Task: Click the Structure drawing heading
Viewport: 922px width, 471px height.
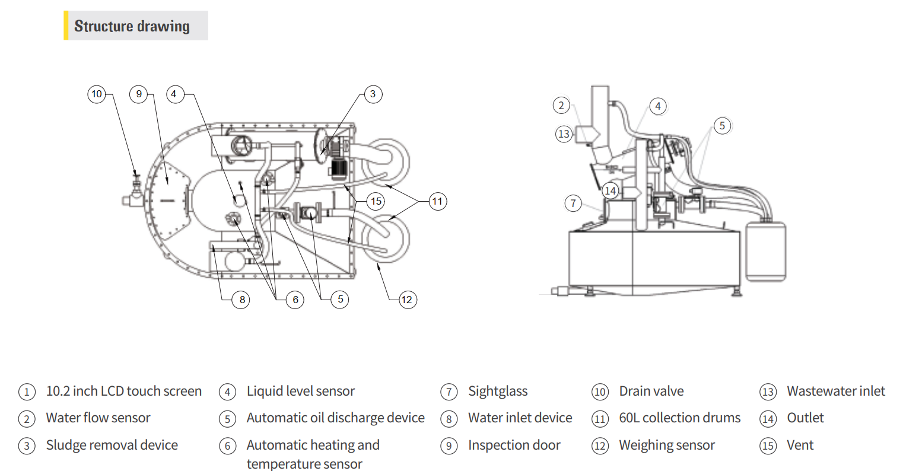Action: (x=132, y=26)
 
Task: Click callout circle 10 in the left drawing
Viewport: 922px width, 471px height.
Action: (x=97, y=94)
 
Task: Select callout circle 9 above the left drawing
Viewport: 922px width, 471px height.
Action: (x=139, y=94)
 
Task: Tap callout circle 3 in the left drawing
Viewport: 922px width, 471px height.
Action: (x=373, y=94)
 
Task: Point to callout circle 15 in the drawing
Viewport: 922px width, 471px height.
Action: (x=376, y=201)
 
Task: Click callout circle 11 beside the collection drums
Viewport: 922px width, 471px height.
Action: (x=437, y=201)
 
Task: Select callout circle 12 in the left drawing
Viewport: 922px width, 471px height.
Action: (x=406, y=300)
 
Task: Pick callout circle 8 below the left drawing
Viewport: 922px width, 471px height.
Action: (x=242, y=300)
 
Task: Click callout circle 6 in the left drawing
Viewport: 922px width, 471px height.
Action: (x=295, y=300)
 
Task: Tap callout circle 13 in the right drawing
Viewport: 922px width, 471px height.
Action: (x=564, y=134)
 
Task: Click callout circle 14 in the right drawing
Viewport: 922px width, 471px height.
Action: (x=610, y=190)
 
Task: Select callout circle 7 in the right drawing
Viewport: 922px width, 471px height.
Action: (x=573, y=203)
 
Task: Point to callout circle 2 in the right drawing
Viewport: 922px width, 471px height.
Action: (x=561, y=106)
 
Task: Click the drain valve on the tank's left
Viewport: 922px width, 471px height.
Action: (x=134, y=193)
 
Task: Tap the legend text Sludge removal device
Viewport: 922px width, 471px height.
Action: (x=112, y=445)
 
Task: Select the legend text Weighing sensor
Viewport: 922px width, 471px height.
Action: (x=666, y=445)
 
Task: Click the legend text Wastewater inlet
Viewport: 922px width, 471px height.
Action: (x=835, y=391)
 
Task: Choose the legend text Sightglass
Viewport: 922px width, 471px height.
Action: (x=497, y=391)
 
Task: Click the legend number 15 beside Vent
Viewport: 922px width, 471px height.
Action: (x=768, y=445)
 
